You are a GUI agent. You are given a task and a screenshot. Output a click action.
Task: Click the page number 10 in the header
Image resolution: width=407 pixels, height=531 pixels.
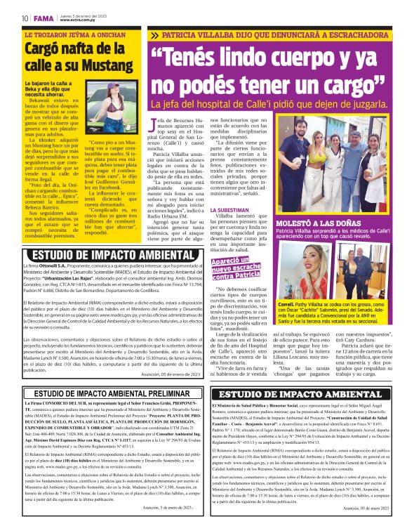click(25, 17)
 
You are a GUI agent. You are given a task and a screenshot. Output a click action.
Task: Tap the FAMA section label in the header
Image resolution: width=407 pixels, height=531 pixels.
click(43, 17)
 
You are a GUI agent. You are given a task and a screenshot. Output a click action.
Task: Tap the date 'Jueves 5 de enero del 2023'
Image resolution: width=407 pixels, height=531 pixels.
click(82, 13)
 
